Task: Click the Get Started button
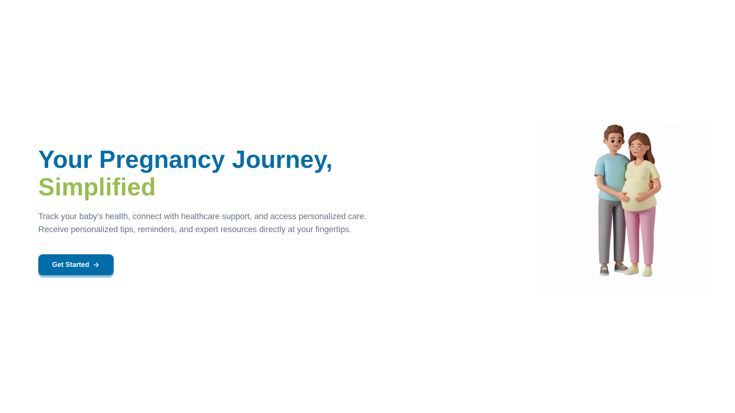point(76,265)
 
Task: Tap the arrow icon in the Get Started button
point(96,265)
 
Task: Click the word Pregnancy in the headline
point(162,159)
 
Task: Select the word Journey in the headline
point(279,159)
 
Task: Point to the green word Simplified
point(97,187)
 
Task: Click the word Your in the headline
point(65,159)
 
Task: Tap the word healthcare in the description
point(200,216)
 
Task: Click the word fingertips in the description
point(332,229)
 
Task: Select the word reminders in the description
point(156,229)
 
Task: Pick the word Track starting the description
point(48,216)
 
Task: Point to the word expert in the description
point(206,229)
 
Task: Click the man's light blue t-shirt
point(609,174)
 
